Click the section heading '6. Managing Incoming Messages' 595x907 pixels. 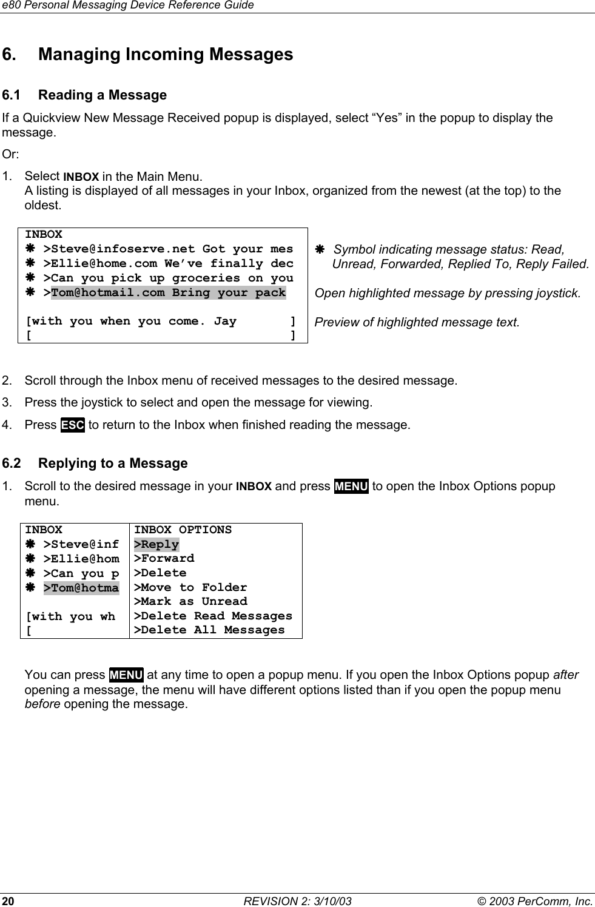click(147, 55)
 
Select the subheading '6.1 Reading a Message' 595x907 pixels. click(84, 95)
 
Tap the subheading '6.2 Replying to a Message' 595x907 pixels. click(95, 464)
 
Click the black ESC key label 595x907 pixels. click(72, 425)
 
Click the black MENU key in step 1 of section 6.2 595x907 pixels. click(351, 487)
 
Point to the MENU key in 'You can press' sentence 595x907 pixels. click(126, 675)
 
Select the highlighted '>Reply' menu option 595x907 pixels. click(156, 544)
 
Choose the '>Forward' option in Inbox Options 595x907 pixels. click(164, 558)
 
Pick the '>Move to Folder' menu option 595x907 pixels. click(190, 587)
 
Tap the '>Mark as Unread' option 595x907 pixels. click(190, 601)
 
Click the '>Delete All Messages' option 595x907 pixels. click(209, 630)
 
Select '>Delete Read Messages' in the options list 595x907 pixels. click(213, 616)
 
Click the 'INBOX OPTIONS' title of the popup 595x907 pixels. click(183, 530)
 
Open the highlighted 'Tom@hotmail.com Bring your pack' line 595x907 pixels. click(168, 292)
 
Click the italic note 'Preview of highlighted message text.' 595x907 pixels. click(417, 322)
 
